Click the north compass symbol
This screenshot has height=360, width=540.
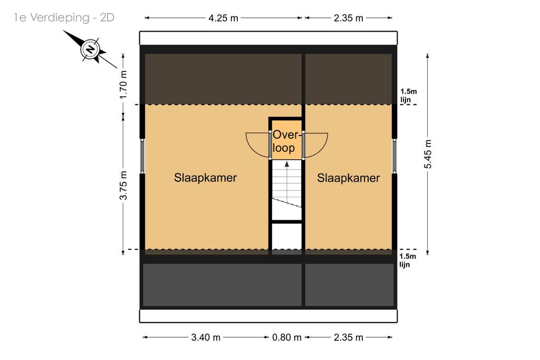[90, 49]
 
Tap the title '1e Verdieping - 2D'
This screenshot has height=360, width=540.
[64, 17]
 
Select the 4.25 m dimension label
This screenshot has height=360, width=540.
[223, 18]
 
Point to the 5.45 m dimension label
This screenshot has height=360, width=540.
[428, 154]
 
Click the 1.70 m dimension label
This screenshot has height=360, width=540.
[123, 84]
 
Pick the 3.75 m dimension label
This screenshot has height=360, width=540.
[123, 185]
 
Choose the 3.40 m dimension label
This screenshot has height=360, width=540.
[206, 337]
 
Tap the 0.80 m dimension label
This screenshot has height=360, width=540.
[286, 337]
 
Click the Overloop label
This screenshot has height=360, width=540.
[285, 141]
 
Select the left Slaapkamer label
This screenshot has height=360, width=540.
[205, 178]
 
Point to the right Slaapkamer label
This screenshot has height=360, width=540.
[348, 178]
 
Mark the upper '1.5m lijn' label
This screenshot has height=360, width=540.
[408, 96]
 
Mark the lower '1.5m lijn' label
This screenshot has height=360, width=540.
[408, 260]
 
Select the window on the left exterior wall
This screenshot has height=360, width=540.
[142, 156]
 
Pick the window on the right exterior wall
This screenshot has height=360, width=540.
[394, 156]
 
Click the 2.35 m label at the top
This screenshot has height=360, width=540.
[348, 18]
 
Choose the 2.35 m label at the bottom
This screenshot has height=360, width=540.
[348, 337]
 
